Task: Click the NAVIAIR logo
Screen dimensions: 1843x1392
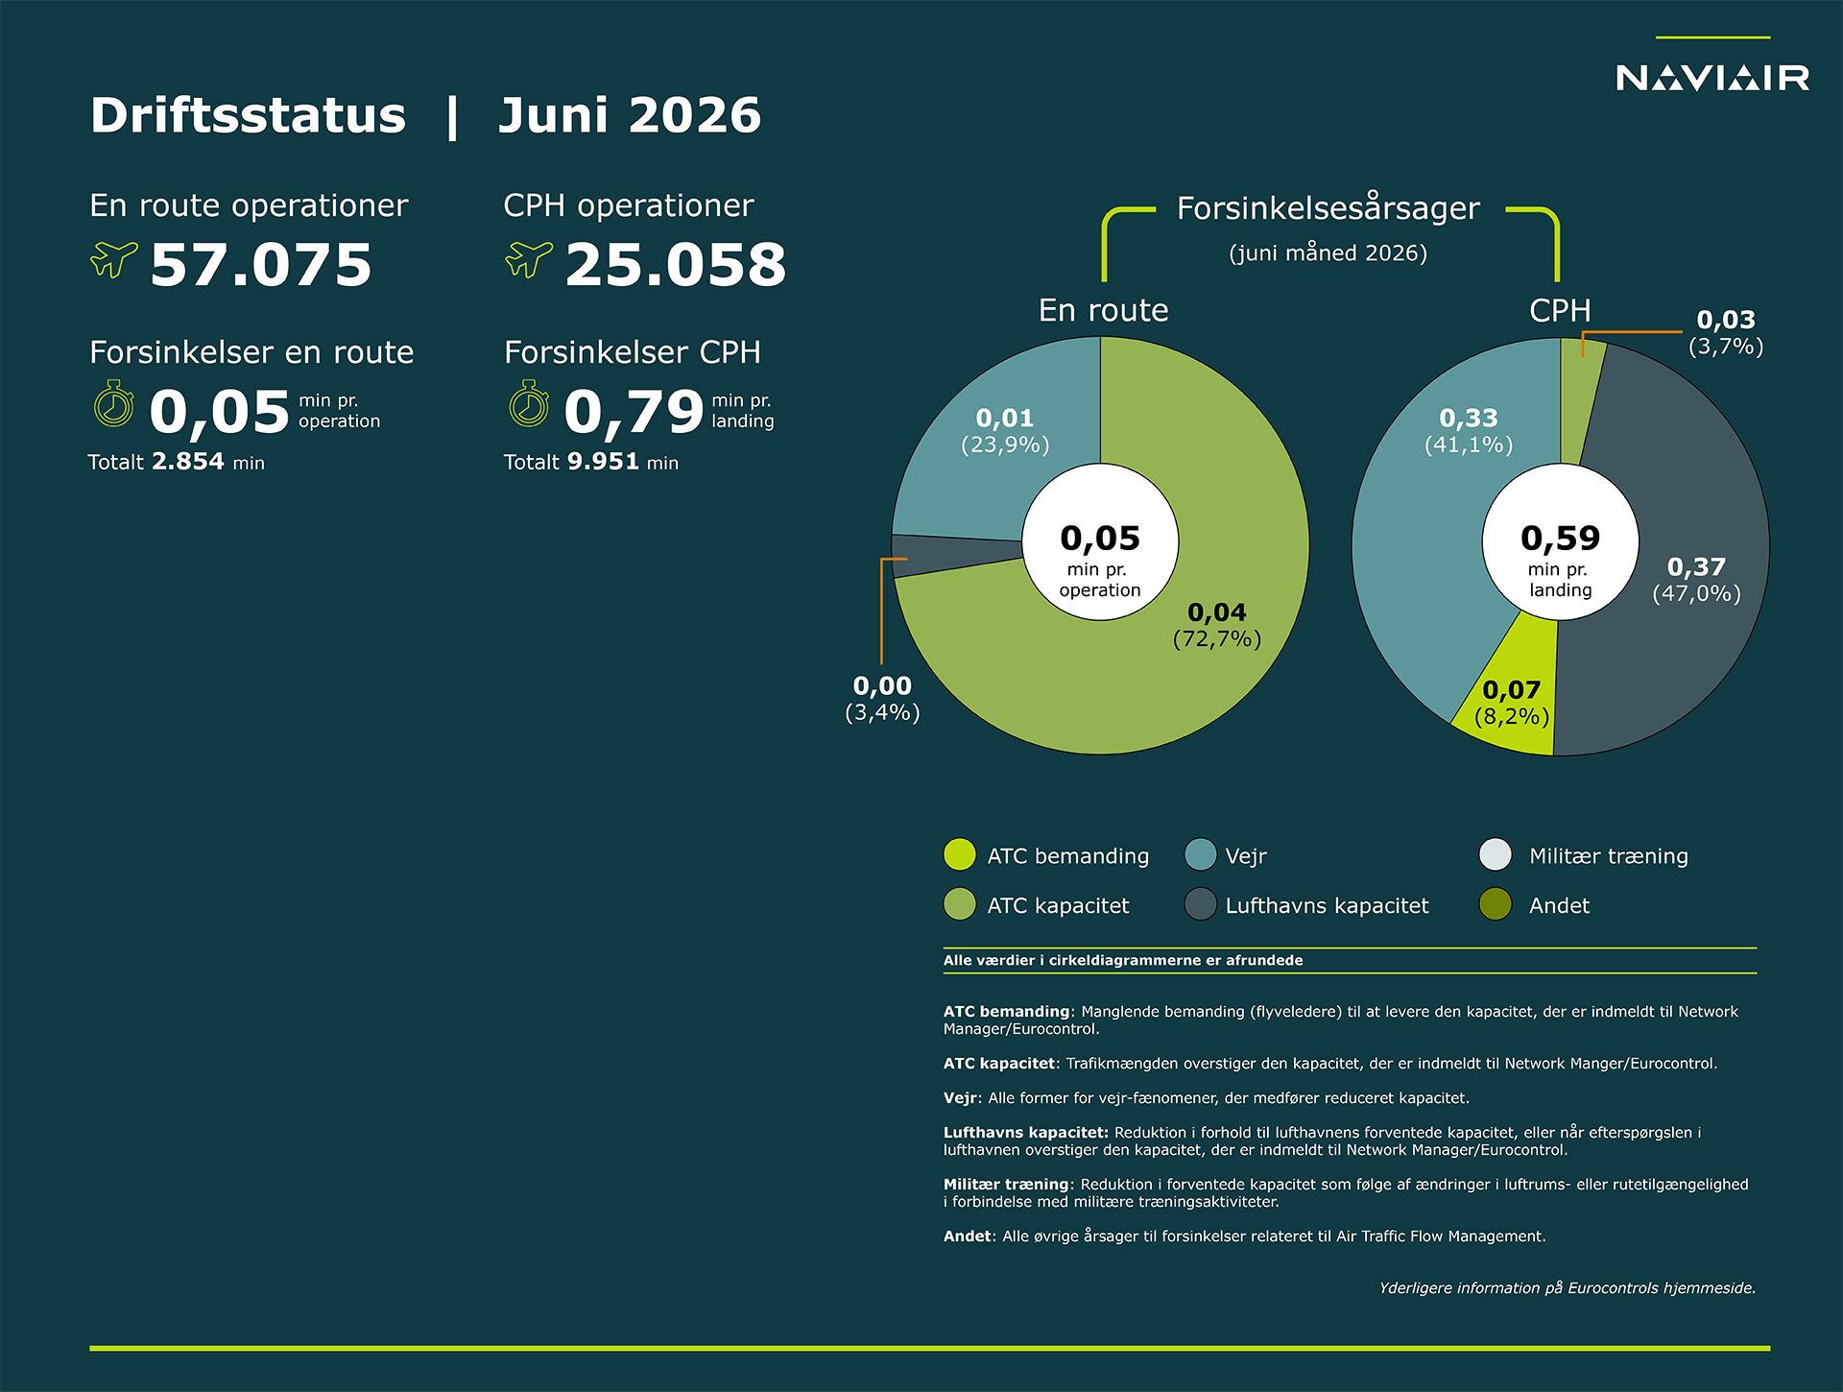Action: [1712, 77]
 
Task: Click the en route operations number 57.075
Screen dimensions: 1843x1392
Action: [261, 265]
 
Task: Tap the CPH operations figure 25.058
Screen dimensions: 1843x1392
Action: [676, 265]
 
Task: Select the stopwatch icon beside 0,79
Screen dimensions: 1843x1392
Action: [529, 404]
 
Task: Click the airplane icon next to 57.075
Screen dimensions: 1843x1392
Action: [114, 259]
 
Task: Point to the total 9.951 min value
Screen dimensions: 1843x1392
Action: [603, 462]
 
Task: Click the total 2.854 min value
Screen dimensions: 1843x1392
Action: [188, 462]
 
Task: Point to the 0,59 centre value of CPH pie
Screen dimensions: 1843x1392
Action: [1561, 539]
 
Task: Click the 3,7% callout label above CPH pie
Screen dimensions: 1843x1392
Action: [1726, 333]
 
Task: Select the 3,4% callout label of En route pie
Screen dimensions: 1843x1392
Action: [882, 699]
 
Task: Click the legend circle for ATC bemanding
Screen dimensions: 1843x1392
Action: [960, 854]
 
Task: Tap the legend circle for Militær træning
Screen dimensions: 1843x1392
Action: [1496, 854]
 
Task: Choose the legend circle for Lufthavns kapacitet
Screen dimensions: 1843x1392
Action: [1200, 904]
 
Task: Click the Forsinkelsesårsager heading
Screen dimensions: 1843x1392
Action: [1328, 207]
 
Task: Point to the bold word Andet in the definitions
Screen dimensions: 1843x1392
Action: [967, 1236]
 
